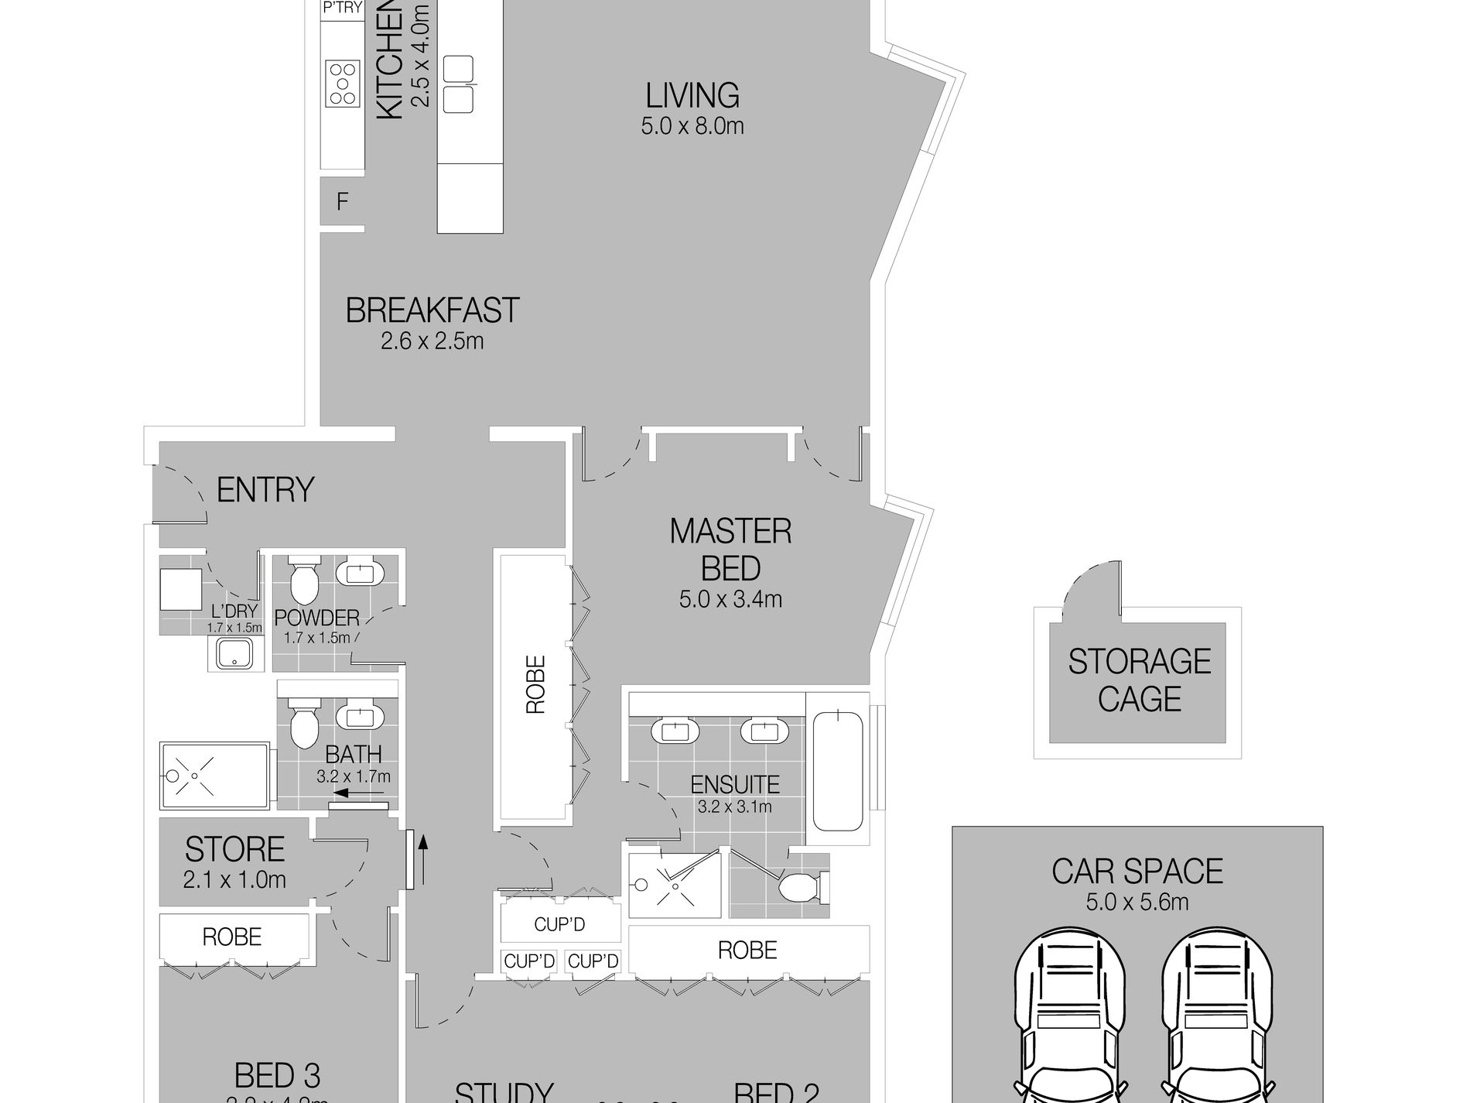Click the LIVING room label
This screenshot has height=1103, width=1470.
point(692,95)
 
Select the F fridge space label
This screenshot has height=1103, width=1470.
point(342,203)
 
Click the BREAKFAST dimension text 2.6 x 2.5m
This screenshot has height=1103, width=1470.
point(432,341)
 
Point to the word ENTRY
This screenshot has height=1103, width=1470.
point(265,490)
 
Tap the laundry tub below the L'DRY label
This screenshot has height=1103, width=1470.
point(233,653)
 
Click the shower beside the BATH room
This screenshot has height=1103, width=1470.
point(214,776)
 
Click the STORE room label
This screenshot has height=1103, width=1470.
point(234,850)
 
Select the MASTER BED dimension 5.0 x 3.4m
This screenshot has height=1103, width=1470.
point(730,599)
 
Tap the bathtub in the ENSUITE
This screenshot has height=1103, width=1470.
point(837,771)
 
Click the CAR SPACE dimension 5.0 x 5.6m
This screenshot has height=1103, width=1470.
point(1137,902)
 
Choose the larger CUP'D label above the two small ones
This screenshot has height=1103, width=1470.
point(559,924)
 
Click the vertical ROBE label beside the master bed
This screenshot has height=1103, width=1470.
point(535,684)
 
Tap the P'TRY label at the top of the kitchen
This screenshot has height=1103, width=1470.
point(342,9)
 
